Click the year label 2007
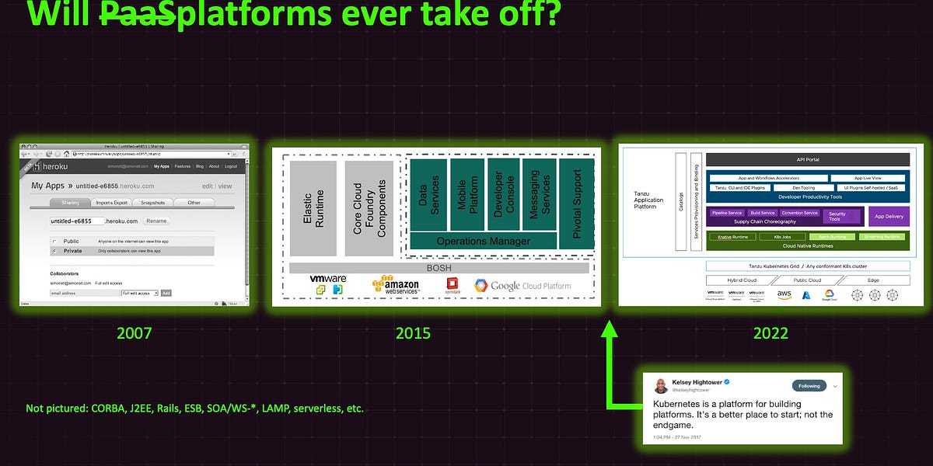(134, 333)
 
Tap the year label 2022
(771, 333)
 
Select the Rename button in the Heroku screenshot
(156, 221)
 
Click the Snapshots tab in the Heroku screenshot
(152, 203)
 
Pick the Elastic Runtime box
(313, 208)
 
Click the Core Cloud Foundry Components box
(369, 208)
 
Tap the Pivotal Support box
(577, 204)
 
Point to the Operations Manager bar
(483, 241)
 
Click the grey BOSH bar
(439, 268)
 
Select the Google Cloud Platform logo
(522, 286)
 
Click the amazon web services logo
(396, 286)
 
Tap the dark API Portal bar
(808, 160)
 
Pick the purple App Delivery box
(889, 217)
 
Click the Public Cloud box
(808, 280)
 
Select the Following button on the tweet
(809, 385)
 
